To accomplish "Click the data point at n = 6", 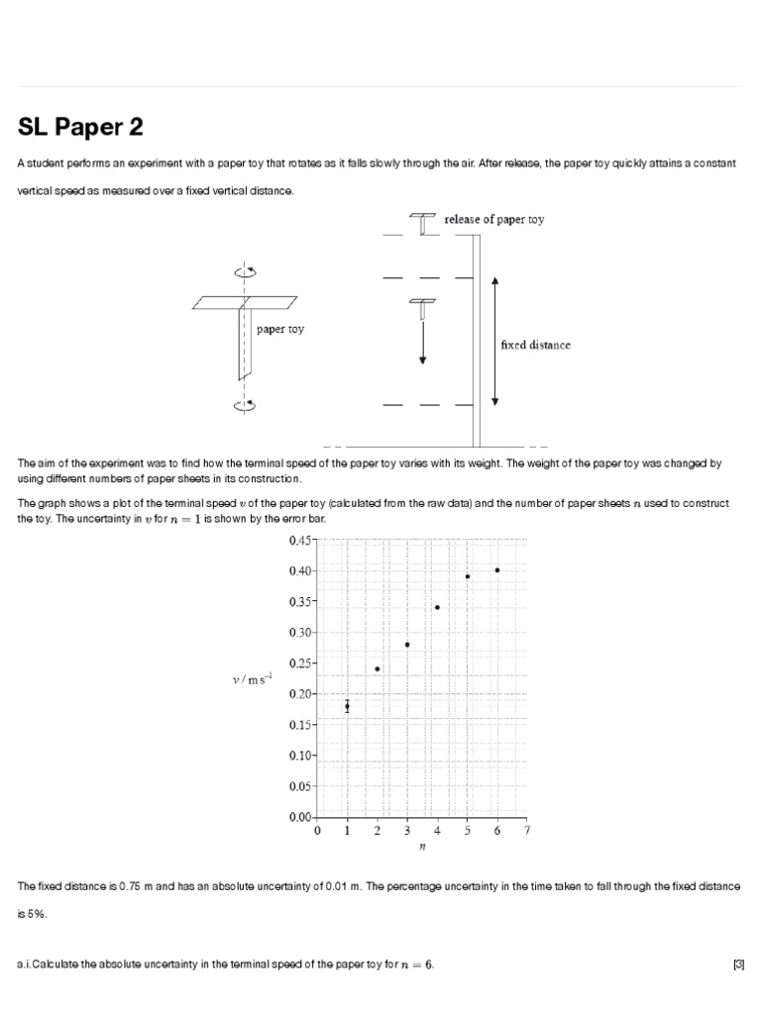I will coord(497,569).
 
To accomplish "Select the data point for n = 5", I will coord(468,576).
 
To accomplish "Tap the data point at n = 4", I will coord(437,607).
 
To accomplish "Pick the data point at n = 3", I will coord(407,645).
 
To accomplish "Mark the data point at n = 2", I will coord(378,668).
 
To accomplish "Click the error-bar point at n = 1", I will coord(347,706).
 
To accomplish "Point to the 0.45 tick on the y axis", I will coord(300,541).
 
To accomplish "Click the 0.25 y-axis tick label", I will coord(300,663).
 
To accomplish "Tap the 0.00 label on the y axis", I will coord(300,818).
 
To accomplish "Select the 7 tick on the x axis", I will coord(527,832).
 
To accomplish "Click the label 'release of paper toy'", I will coord(494,220).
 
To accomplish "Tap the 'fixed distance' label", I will coord(535,346).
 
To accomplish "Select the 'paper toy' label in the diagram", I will coord(280,330).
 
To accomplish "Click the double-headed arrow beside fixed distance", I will coord(495,342).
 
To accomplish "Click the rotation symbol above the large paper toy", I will coord(244,271).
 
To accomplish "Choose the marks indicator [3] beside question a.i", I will coord(738,964).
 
